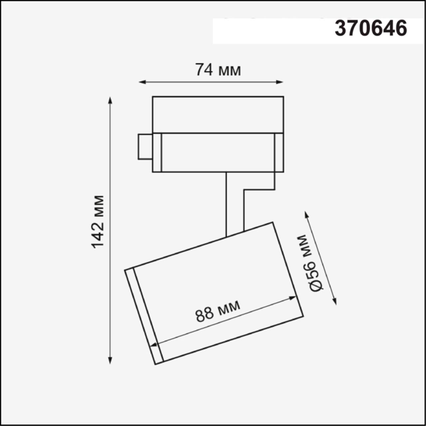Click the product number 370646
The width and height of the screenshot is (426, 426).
[x=371, y=28]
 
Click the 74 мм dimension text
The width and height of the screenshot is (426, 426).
[x=218, y=70]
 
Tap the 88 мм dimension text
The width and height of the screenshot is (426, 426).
[x=218, y=311]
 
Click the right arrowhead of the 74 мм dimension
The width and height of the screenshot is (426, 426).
[x=280, y=82]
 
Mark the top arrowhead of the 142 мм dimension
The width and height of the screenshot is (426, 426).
[x=110, y=100]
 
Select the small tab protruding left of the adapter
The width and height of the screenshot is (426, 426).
[x=145, y=147]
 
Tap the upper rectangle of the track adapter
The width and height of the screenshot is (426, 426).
[x=218, y=115]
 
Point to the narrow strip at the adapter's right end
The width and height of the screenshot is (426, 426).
[x=279, y=152]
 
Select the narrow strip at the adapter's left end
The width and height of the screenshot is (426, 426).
[x=157, y=152]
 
